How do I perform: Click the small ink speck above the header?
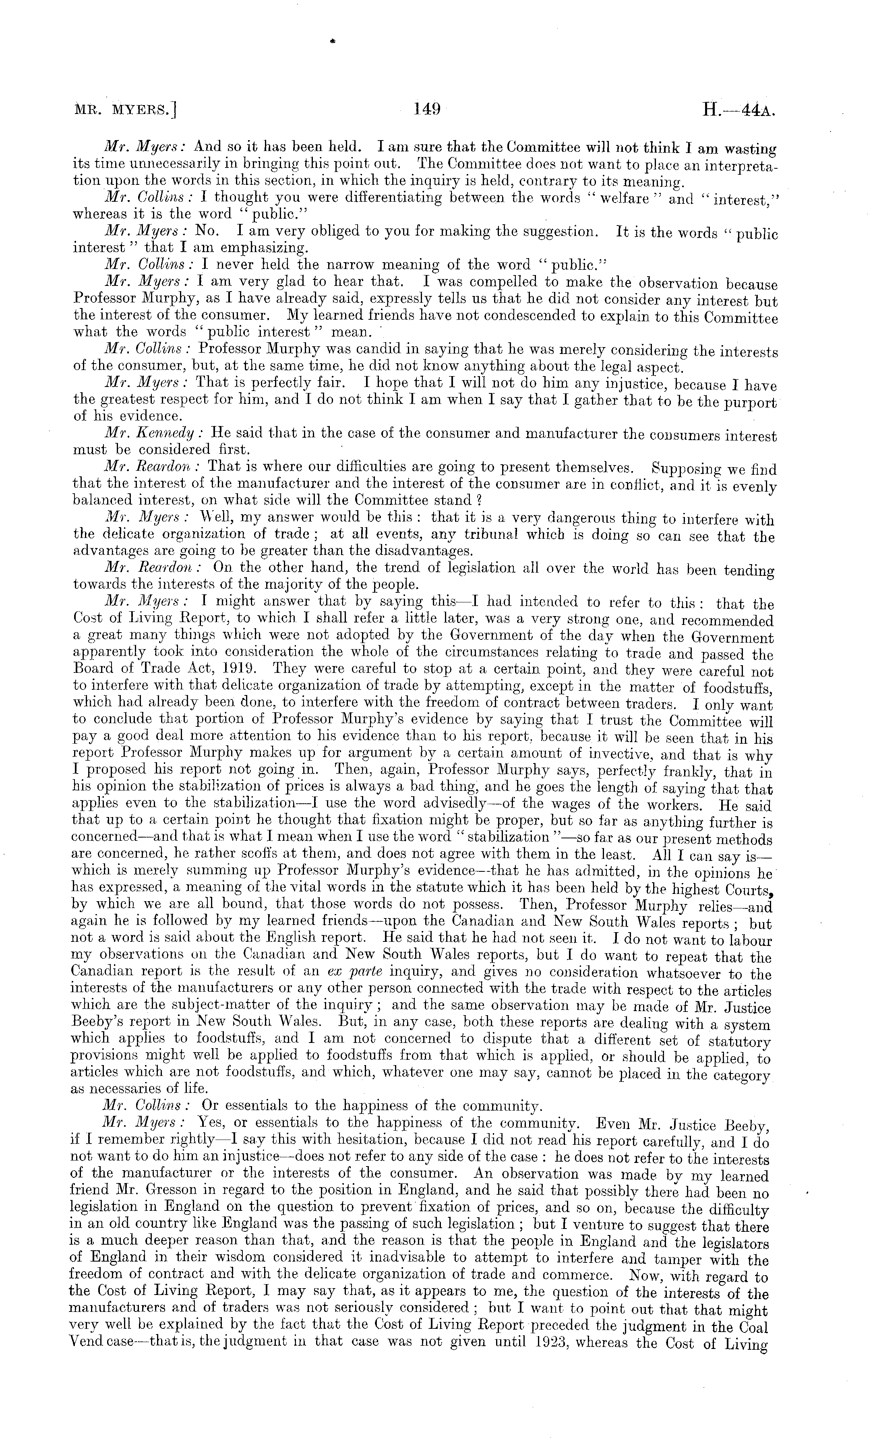click(x=333, y=41)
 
